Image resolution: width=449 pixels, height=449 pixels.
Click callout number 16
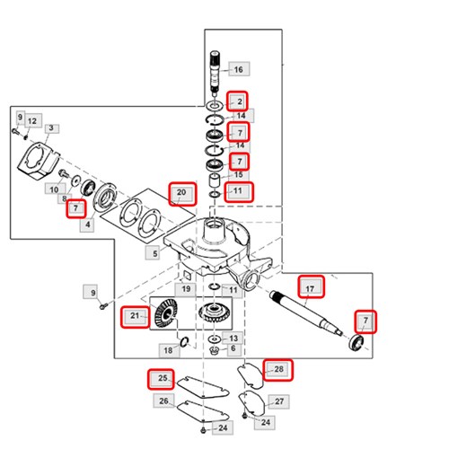click(x=239, y=69)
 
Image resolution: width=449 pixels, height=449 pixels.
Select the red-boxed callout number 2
click(x=237, y=101)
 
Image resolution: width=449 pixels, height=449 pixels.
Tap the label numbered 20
click(x=182, y=193)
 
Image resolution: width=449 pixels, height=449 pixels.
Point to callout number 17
click(x=311, y=286)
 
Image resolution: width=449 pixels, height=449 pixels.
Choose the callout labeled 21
click(x=135, y=317)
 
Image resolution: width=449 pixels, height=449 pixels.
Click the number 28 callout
click(x=278, y=370)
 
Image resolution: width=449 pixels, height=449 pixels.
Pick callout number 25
click(x=161, y=379)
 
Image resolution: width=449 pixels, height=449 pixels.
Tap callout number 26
click(x=163, y=401)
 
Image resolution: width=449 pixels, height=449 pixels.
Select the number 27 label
click(x=279, y=401)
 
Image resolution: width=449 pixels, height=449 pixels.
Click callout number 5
click(x=154, y=253)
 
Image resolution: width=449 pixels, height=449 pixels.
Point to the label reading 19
click(x=186, y=288)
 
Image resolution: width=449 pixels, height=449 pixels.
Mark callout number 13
click(x=233, y=338)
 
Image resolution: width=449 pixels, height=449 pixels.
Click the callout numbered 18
click(x=168, y=350)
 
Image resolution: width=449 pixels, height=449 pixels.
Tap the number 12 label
click(x=32, y=120)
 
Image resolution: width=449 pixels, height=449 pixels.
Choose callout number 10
click(x=54, y=189)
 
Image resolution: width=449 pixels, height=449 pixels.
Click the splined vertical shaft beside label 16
click(x=216, y=71)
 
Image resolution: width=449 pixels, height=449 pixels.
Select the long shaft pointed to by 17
click(x=306, y=313)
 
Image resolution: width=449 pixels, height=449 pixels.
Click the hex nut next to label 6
click(x=214, y=350)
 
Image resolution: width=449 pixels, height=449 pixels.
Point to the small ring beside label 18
click(x=185, y=341)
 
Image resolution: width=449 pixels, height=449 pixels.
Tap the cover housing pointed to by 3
click(x=38, y=161)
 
